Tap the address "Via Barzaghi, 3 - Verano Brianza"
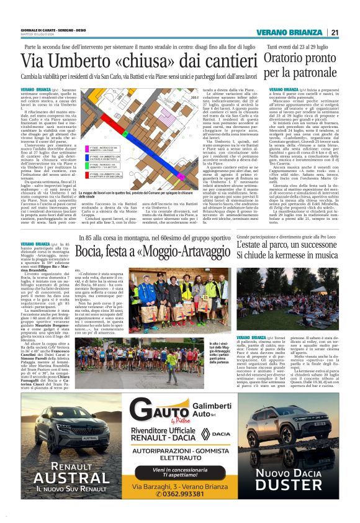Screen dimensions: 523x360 pos(181,484)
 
